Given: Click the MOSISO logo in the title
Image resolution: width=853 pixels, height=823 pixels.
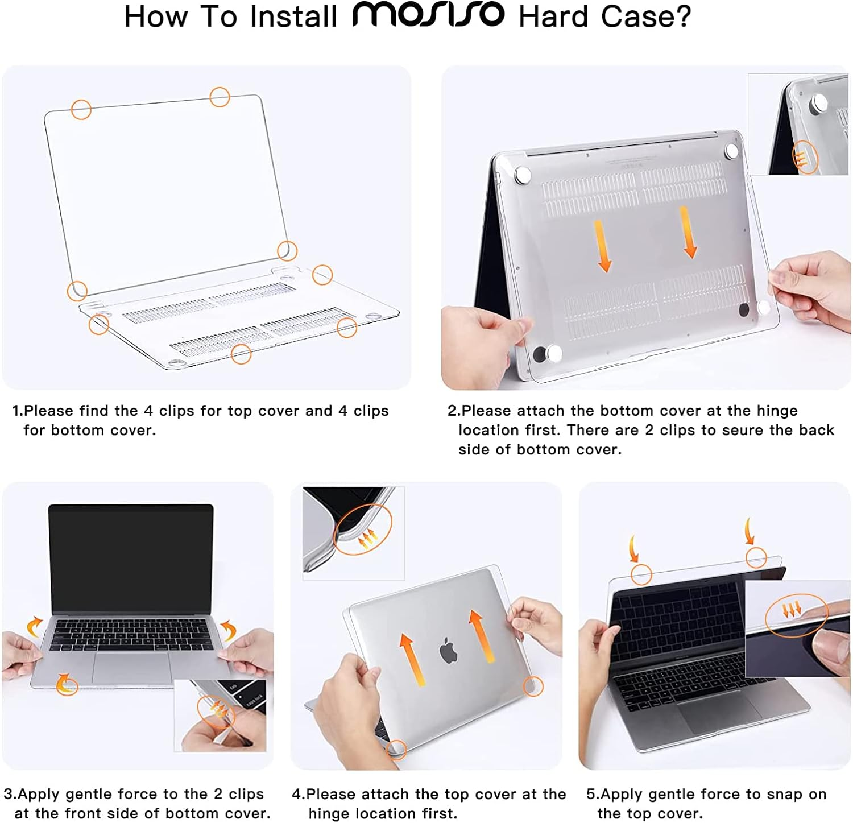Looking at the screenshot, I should (x=428, y=15).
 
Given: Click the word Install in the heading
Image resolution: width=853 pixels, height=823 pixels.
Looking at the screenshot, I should (x=294, y=16).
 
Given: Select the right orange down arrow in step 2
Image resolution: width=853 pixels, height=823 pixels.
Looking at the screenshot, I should (x=689, y=232).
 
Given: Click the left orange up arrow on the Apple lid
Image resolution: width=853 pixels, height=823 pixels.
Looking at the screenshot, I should (x=412, y=660).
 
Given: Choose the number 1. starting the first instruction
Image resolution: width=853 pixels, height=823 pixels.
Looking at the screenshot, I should (x=18, y=411).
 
